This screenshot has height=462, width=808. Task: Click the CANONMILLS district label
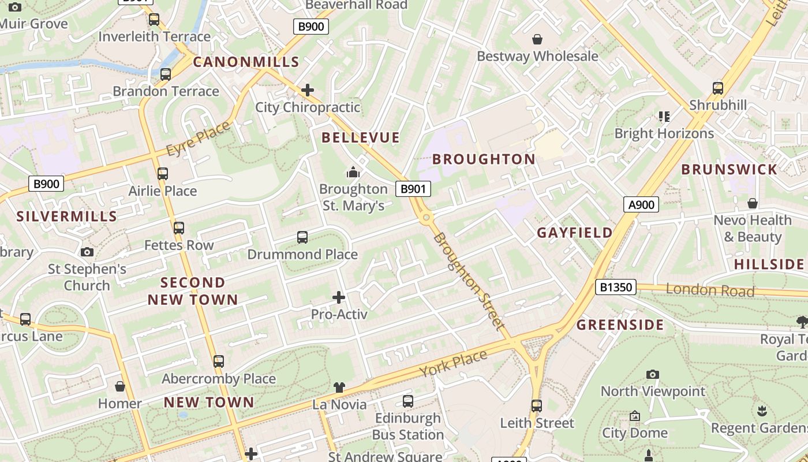click(246, 62)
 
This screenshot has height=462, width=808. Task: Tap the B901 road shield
click(413, 188)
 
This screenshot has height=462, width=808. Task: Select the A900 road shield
click(641, 204)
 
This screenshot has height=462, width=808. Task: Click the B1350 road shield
click(615, 287)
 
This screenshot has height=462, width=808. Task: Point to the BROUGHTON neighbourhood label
click(484, 159)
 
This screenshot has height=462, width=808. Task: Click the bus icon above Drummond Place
click(302, 237)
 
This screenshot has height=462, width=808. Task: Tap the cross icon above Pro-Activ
click(339, 298)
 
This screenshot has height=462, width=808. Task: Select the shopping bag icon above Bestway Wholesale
click(537, 39)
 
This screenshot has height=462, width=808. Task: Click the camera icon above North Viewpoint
click(653, 375)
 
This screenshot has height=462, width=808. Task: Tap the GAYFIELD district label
click(575, 233)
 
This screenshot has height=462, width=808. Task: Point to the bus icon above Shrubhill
click(718, 88)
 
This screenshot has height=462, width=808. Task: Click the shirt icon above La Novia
click(339, 388)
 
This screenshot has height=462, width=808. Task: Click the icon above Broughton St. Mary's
click(353, 172)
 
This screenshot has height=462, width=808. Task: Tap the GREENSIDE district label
click(620, 325)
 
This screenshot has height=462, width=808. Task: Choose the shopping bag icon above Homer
click(120, 386)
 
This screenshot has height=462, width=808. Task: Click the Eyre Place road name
click(197, 139)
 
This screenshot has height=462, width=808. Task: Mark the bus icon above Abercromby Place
click(219, 362)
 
